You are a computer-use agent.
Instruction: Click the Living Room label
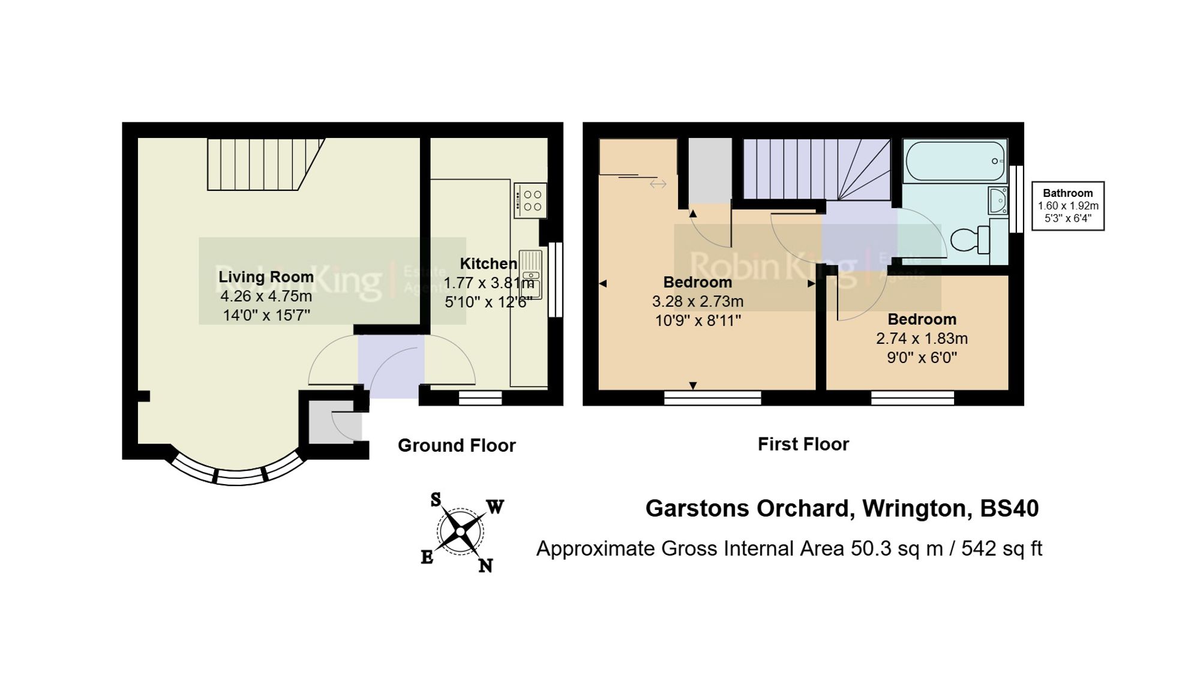tap(266, 277)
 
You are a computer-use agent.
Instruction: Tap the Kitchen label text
tap(488, 263)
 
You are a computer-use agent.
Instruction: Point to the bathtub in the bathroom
tap(955, 161)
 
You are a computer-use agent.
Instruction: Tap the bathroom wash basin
tap(998, 200)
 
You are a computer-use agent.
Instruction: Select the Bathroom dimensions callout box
tap(1067, 206)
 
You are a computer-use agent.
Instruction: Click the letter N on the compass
tap(485, 565)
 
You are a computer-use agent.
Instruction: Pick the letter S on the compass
tap(436, 499)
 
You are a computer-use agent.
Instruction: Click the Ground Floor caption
tap(456, 445)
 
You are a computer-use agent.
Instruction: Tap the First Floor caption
tap(803, 444)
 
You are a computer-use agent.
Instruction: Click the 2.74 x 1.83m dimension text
tap(922, 338)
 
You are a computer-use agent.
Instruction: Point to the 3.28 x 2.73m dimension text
tap(697, 301)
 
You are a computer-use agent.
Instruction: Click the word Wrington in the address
tap(917, 508)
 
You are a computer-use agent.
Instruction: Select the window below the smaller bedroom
tap(912, 397)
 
